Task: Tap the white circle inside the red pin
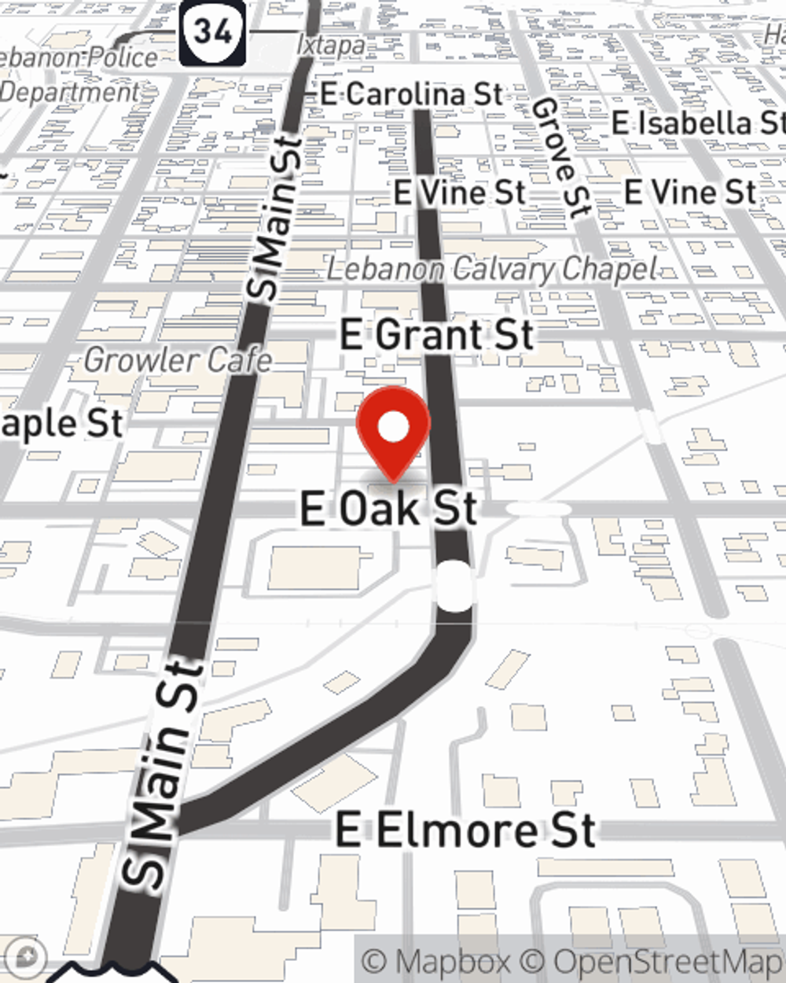(394, 428)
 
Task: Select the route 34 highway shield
(212, 31)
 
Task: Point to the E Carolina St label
(411, 94)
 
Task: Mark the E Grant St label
(437, 335)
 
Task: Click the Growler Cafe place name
(178, 361)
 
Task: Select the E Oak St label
(388, 509)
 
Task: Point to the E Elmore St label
(465, 830)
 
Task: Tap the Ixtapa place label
(330, 46)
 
